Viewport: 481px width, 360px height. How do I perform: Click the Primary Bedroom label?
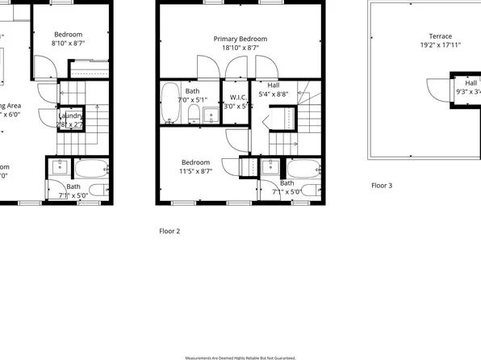coord(240,39)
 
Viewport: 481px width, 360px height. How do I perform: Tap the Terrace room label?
coord(440,36)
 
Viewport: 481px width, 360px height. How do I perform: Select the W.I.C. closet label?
coord(237,97)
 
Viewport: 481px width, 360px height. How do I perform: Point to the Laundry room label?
coord(70,116)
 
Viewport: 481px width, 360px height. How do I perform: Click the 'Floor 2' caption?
coord(169,231)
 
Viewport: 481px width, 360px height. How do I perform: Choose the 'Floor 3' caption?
coord(382,186)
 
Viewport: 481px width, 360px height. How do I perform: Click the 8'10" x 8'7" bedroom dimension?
coord(69,44)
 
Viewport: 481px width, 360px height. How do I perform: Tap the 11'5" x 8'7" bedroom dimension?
coord(195,171)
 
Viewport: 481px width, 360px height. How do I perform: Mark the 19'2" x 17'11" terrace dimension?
coord(440,46)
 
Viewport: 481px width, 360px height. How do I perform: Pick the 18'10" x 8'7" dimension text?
coord(240,48)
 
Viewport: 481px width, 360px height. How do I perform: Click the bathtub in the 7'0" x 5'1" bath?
coord(169,104)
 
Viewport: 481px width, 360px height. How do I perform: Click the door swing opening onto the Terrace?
coord(438,83)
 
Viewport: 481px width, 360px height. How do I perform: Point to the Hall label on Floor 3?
coord(470,82)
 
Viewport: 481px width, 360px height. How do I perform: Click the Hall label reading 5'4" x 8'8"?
coord(274,85)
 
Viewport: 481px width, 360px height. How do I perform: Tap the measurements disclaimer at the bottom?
coord(240,357)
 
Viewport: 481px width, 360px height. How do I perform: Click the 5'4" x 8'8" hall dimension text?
coord(274,94)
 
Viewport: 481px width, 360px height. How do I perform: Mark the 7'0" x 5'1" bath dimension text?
coord(193,100)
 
